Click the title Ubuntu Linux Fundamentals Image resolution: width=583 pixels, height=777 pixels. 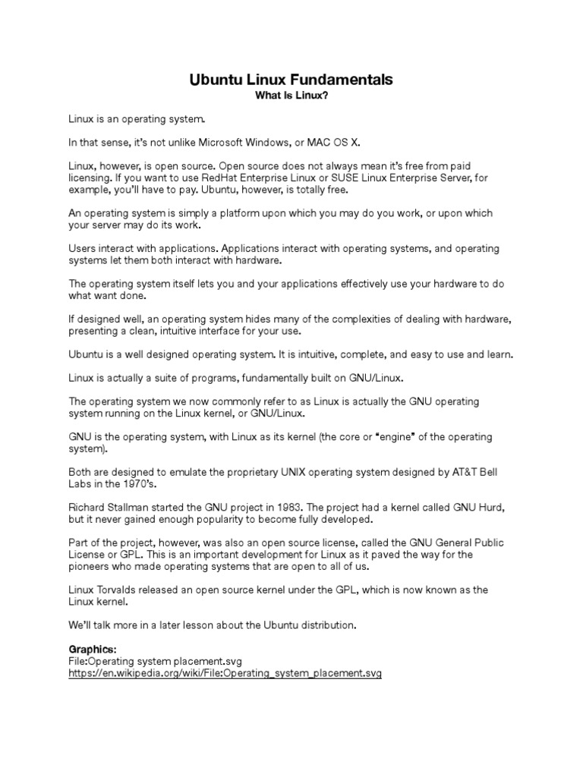pos(291,80)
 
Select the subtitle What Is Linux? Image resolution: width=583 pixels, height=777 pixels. pos(291,96)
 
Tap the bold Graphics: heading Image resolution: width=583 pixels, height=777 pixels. pos(93,650)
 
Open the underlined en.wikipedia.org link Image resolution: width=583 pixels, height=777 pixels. pos(225,673)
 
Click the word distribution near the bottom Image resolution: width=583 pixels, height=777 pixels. pos(325,625)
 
